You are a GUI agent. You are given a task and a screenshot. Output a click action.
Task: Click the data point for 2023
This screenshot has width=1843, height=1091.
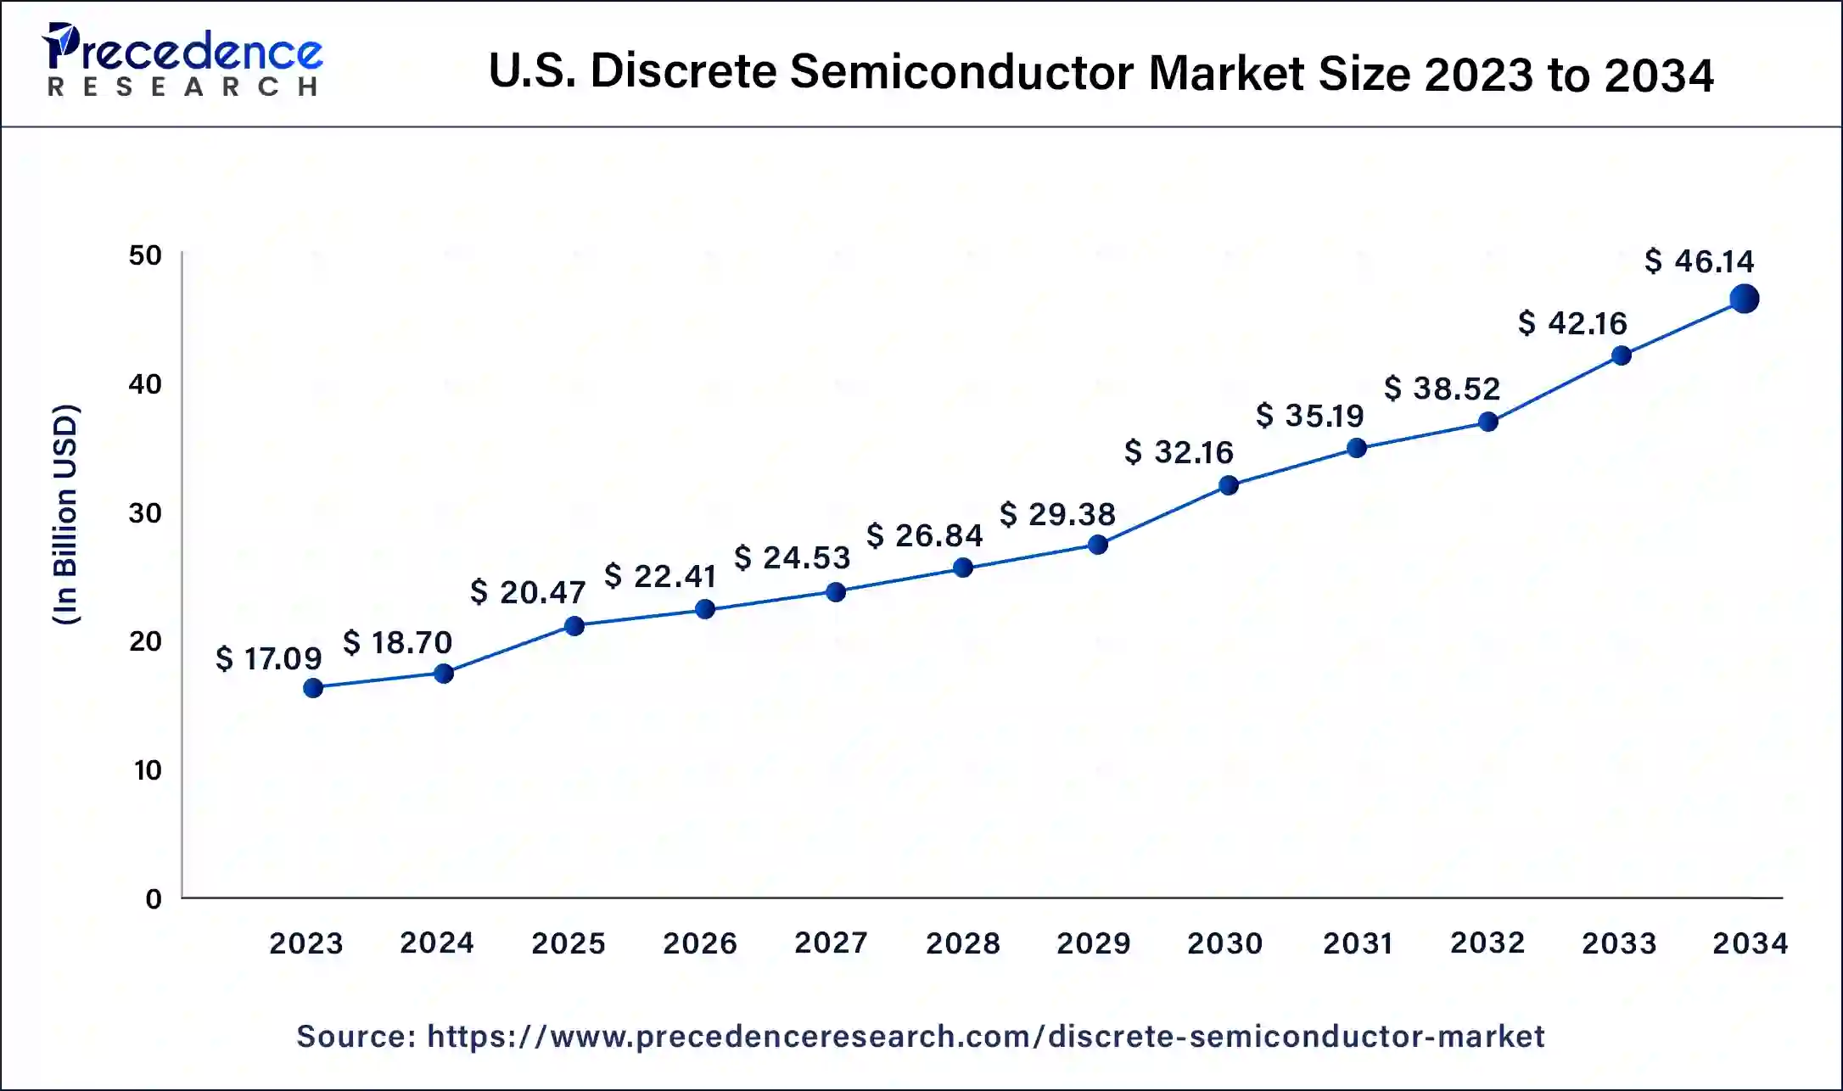313,688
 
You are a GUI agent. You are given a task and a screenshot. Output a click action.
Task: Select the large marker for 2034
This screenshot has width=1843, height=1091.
1744,299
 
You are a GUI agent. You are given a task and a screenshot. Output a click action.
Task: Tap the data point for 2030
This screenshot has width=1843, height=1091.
1228,485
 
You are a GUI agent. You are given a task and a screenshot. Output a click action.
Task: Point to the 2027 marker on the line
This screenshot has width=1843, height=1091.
836,592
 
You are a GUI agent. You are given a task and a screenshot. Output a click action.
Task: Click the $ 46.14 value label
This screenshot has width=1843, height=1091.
1699,261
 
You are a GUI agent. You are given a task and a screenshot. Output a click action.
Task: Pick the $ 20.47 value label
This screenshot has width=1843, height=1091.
528,592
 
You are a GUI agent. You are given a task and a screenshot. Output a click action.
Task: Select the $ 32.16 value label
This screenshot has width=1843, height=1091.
1179,452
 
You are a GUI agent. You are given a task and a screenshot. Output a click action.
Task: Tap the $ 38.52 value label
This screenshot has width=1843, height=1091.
1442,389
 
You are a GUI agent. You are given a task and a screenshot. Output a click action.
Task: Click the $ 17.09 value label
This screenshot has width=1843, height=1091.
268,658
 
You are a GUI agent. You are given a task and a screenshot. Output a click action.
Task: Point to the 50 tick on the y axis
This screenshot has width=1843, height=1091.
145,255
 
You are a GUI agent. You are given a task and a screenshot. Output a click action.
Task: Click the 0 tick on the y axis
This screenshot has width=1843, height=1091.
154,899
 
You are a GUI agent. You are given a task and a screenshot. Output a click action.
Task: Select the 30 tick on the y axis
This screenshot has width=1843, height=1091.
145,513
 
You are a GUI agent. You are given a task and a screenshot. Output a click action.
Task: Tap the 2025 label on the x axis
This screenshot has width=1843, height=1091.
568,943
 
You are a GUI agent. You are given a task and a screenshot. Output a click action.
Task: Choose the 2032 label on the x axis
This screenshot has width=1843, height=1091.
1487,943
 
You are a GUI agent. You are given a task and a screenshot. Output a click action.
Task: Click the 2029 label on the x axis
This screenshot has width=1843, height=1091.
1093,943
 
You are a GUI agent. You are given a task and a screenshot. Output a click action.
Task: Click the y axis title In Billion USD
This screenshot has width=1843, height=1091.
65,515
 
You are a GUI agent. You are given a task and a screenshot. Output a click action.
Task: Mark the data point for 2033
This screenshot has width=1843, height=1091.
1621,355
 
